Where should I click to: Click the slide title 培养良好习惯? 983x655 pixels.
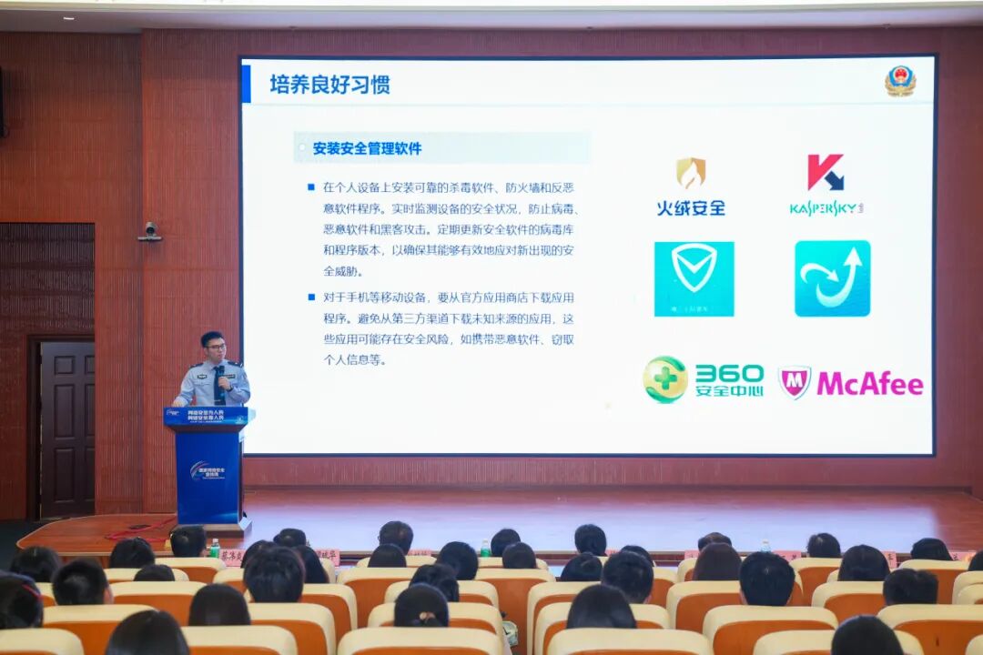[x=329, y=85]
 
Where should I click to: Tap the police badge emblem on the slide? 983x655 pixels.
[x=900, y=81]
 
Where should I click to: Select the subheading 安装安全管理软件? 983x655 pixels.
[x=367, y=147]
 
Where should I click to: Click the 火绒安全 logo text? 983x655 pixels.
[x=691, y=207]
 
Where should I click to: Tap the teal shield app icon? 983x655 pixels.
[x=694, y=278]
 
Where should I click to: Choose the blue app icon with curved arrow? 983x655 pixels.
[x=832, y=278]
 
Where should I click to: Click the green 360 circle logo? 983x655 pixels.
[x=665, y=379]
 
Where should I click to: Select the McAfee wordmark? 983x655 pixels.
[x=869, y=383]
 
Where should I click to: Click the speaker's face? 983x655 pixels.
[x=214, y=348]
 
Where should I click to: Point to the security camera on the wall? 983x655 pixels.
[x=150, y=232]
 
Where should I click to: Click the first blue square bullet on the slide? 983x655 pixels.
[x=310, y=187]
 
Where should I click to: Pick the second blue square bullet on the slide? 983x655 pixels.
[x=310, y=297]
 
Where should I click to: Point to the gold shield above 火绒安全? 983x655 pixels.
[x=691, y=173]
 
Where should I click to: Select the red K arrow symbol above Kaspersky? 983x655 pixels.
[x=825, y=172]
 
